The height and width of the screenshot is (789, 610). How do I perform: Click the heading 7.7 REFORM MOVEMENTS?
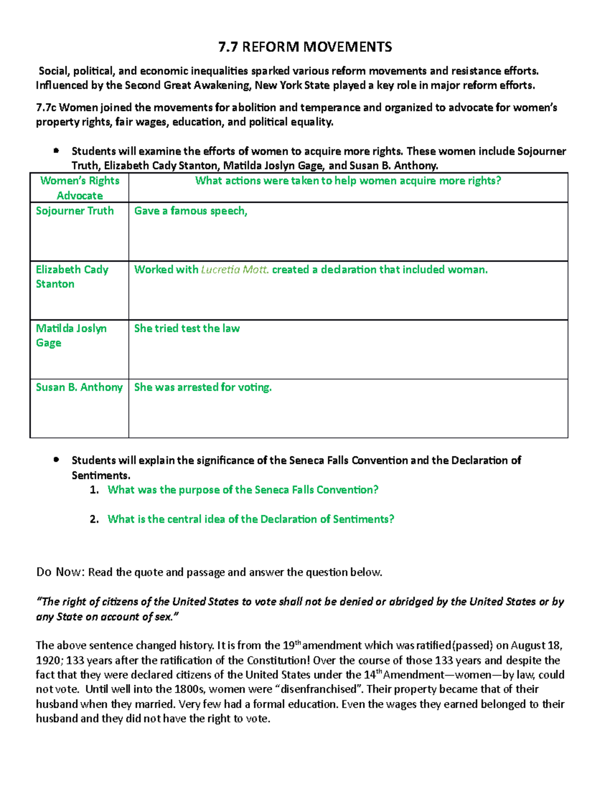pyautogui.click(x=305, y=47)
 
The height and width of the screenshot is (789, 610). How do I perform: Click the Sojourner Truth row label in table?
pyautogui.click(x=74, y=211)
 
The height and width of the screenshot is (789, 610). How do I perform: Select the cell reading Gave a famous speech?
pyautogui.click(x=191, y=211)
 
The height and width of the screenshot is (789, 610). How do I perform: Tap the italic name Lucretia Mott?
pyautogui.click(x=235, y=270)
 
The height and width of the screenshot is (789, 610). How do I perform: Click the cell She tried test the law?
pyautogui.click(x=187, y=329)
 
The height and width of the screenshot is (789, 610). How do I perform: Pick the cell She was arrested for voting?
pyautogui.click(x=203, y=388)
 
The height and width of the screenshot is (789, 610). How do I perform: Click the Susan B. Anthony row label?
pyautogui.click(x=79, y=388)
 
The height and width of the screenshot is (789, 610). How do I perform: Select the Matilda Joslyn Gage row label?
pyautogui.click(x=71, y=335)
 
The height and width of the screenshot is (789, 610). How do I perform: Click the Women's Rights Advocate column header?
pyautogui.click(x=79, y=188)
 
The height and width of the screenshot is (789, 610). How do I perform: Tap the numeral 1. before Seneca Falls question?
pyautogui.click(x=94, y=490)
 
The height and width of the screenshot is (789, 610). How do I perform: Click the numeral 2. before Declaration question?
pyautogui.click(x=94, y=520)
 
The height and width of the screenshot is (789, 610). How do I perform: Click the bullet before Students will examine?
pyautogui.click(x=56, y=151)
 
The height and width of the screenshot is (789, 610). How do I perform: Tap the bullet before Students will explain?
pyautogui.click(x=56, y=460)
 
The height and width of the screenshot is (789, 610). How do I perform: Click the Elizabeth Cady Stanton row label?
pyautogui.click(x=72, y=277)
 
